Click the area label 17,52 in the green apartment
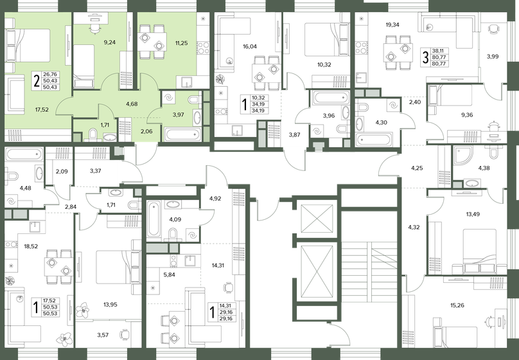pos(42,109)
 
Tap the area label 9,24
pos(110,42)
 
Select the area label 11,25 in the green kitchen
pos(182,42)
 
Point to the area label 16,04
pos(250,47)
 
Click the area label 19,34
pos(392,24)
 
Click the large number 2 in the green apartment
pos(37,80)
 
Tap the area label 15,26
pos(457,305)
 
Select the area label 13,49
pos(473,214)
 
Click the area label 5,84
pos(169,274)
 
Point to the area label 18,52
pos(31,246)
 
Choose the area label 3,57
pos(103,335)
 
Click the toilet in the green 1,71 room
pos(93,135)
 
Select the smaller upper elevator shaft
pos(317,219)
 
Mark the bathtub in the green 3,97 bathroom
pos(182,135)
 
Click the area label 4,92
pos(215,199)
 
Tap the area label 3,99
pos(493,57)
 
